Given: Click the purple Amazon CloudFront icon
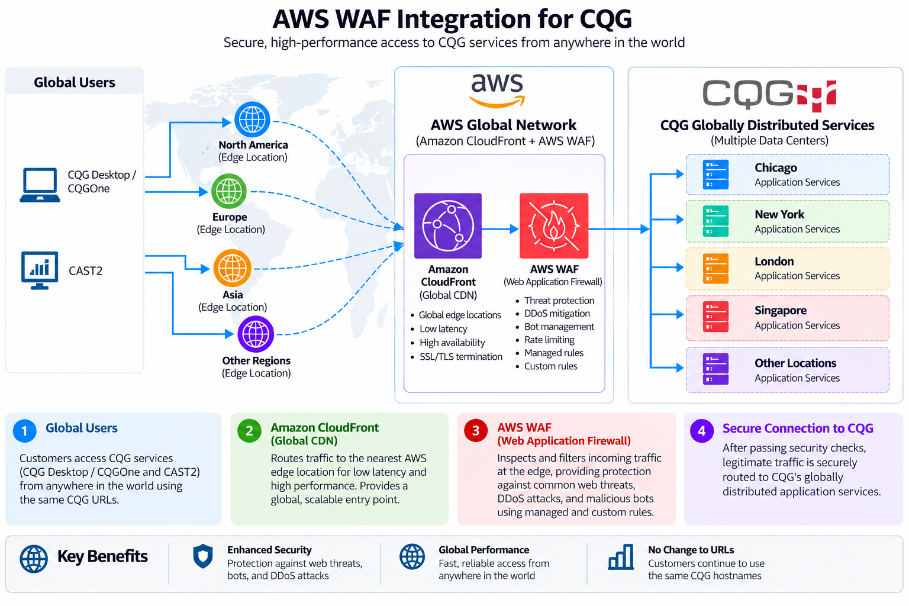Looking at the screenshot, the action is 448,225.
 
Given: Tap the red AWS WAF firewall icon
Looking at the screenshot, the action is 554,225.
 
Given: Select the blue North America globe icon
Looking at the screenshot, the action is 253,120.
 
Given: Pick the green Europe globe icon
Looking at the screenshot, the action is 229,191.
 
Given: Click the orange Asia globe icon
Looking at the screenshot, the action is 232,268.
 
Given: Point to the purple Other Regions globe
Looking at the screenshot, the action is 256,334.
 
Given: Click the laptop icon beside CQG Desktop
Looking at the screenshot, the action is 40,185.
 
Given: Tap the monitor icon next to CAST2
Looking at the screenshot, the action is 40,270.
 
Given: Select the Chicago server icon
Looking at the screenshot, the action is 715,175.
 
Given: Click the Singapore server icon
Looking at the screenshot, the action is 715,317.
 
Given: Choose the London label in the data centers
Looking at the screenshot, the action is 774,262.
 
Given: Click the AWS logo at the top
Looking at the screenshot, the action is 497,91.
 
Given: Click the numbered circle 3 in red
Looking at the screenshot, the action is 476,431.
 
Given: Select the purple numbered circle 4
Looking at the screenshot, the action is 702,431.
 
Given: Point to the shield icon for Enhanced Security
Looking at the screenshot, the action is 203,556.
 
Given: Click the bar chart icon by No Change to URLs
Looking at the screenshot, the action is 621,557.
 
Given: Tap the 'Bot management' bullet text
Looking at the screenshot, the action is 559,327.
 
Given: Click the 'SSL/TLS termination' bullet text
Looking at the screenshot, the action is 461,356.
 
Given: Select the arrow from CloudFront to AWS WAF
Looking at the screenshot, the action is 501,230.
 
